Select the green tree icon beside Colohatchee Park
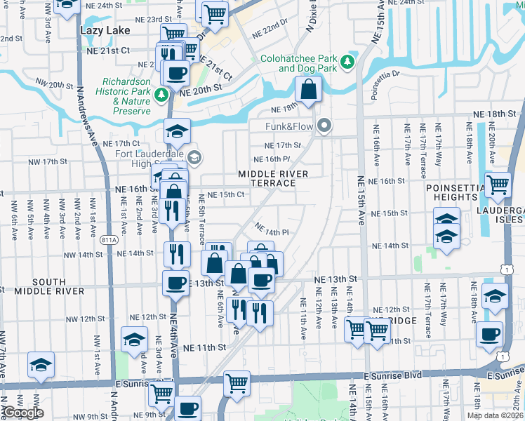click(347, 63)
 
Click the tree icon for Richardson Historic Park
click(162, 94)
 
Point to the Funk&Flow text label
click(291, 127)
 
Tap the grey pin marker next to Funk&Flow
click(324, 126)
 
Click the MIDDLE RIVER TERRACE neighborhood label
click(267, 178)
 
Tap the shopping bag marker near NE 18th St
click(308, 90)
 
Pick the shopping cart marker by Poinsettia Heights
click(498, 185)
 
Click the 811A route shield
click(108, 239)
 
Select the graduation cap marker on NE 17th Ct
click(178, 131)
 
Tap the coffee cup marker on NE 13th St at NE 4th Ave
click(175, 283)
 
